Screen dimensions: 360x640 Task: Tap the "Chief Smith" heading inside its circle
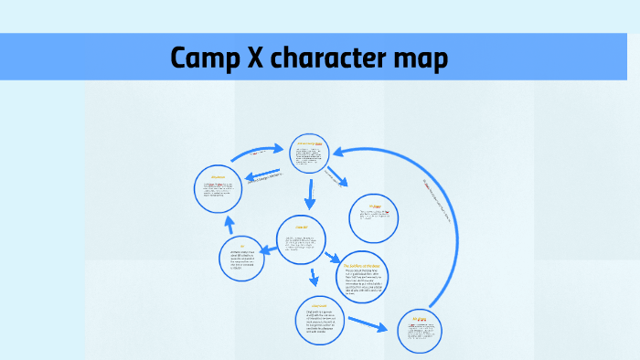(320, 306)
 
